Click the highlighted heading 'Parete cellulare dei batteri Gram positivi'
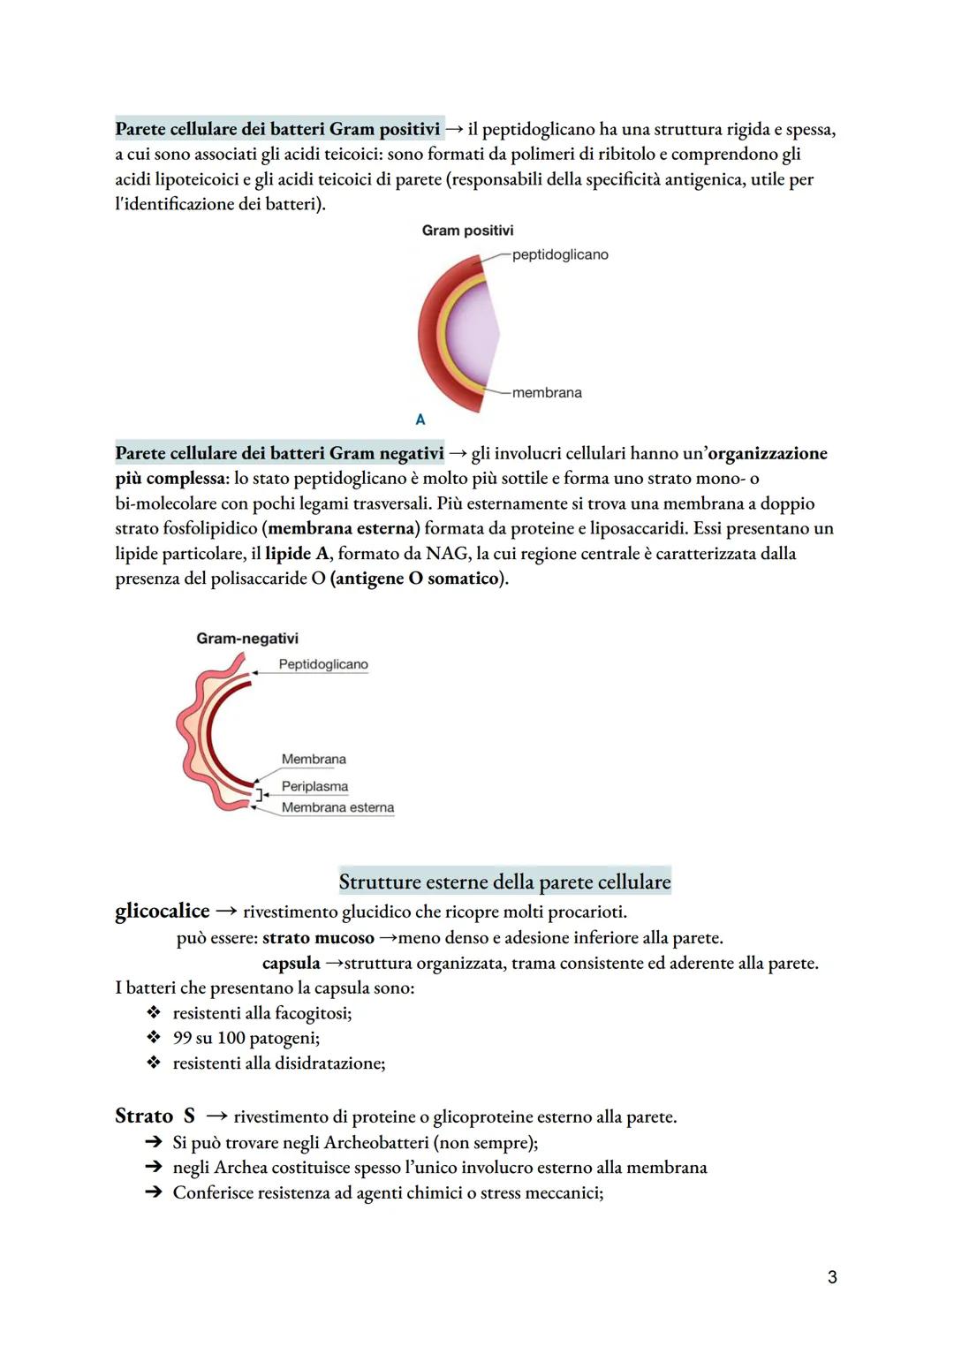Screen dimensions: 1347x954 (x=277, y=129)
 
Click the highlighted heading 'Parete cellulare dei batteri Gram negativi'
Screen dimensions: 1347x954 (x=279, y=453)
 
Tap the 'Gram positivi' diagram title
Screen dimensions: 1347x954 (x=467, y=231)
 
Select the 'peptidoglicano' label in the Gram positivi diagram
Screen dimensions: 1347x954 (x=560, y=254)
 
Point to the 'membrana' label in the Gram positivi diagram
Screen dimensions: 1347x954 (x=547, y=393)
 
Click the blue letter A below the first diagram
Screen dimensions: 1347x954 (x=420, y=420)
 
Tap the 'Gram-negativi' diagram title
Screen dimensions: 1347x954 (x=247, y=639)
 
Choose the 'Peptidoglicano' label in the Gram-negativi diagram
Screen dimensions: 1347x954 (x=323, y=664)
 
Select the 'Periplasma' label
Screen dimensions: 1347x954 (x=314, y=786)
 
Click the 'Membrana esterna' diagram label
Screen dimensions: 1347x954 (x=337, y=807)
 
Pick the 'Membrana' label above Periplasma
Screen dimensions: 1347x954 (x=314, y=760)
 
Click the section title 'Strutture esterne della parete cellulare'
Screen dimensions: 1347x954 (x=504, y=882)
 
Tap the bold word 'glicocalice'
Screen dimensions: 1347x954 (x=163, y=911)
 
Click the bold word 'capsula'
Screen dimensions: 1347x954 (x=291, y=963)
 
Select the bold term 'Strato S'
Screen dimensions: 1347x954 (x=155, y=1116)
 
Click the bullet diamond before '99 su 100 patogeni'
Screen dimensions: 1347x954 (x=154, y=1038)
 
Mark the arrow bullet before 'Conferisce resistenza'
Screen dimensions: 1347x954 (x=154, y=1193)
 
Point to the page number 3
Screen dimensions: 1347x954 (x=832, y=1277)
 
